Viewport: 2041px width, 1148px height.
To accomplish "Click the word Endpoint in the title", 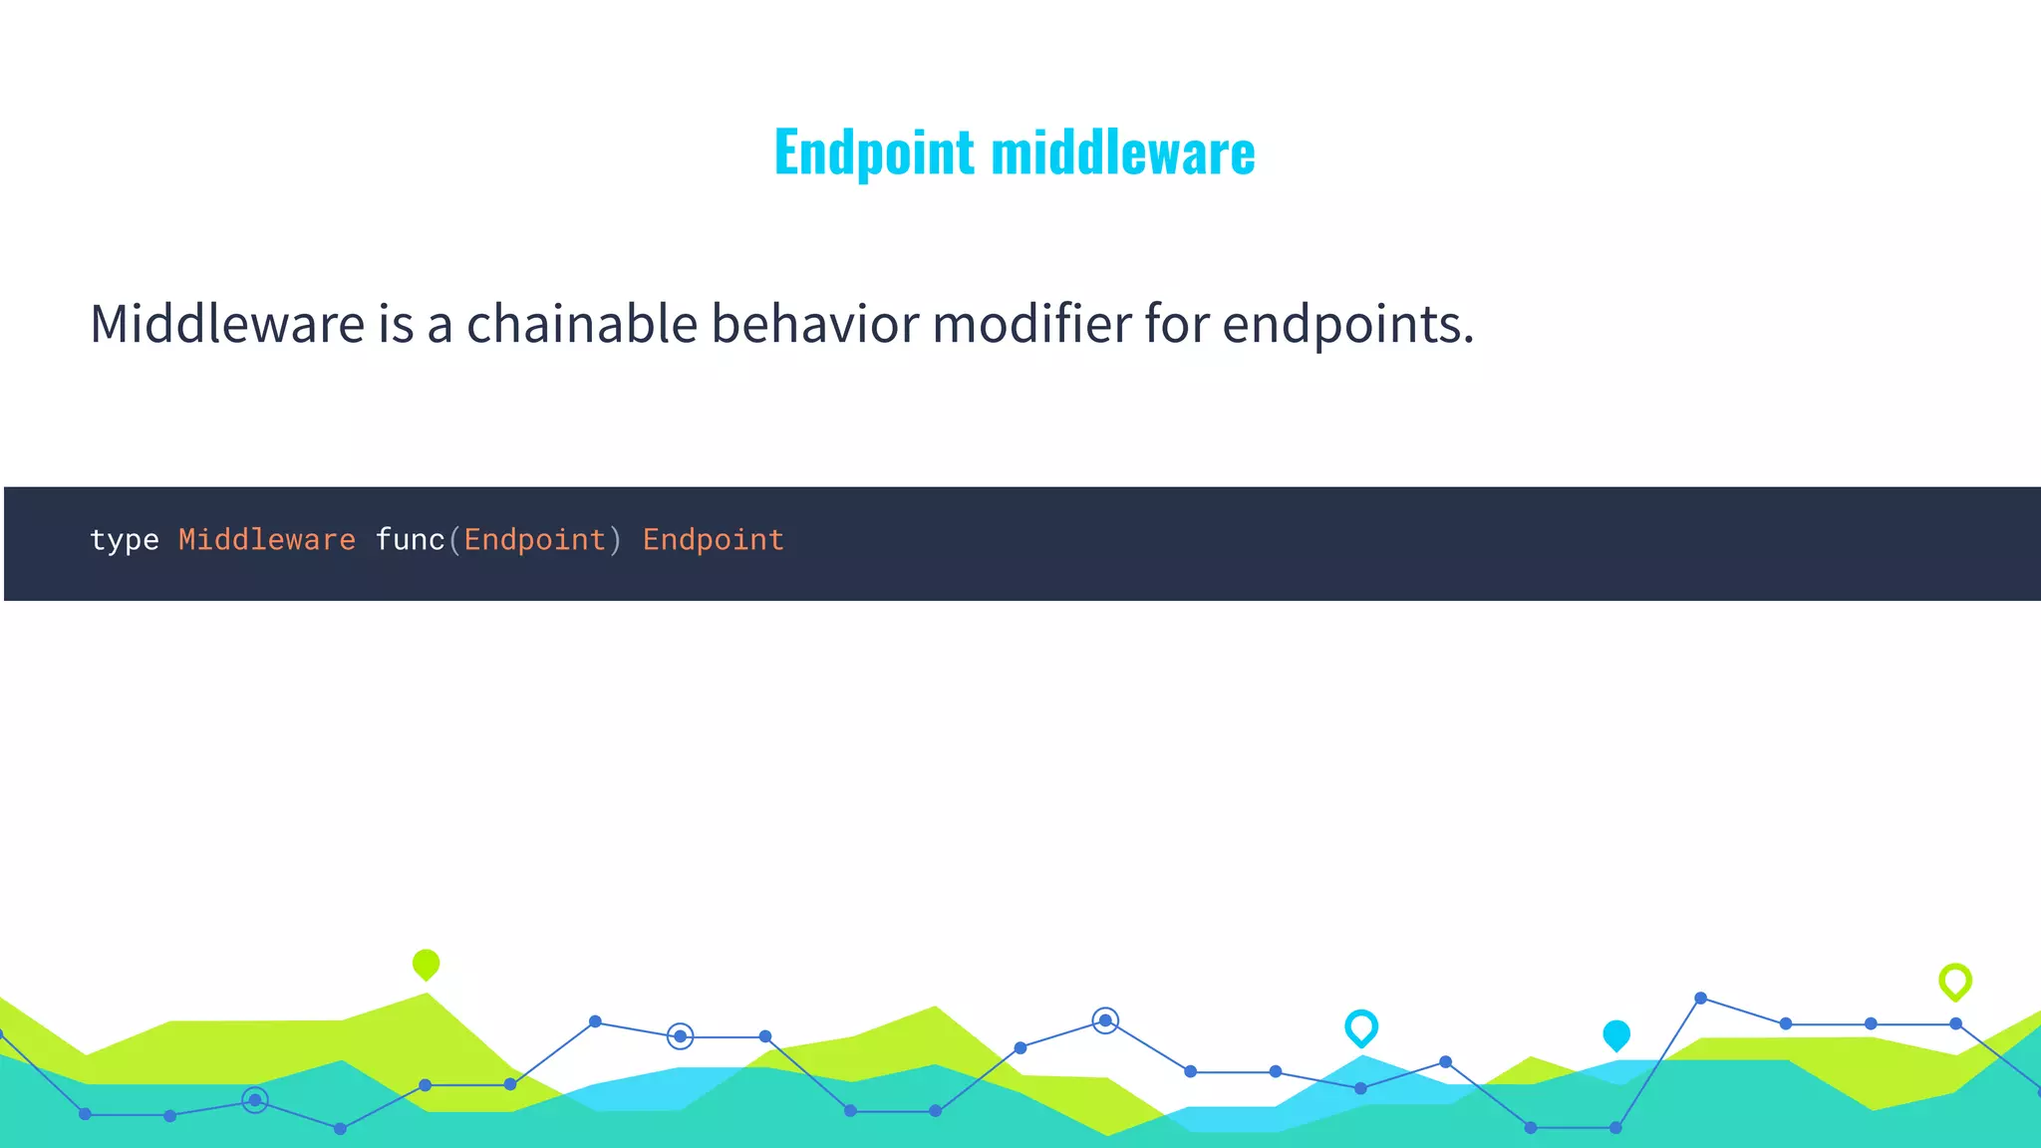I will click(874, 152).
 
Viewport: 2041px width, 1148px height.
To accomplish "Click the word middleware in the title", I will click(1123, 152).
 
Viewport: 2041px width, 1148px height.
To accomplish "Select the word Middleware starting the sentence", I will click(227, 324).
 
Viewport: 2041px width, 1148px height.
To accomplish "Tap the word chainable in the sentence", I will click(581, 324).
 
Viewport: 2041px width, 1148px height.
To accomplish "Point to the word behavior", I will click(814, 324).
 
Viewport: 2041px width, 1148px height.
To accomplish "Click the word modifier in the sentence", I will click(1030, 324).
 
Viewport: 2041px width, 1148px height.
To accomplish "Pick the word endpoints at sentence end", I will click(1346, 326).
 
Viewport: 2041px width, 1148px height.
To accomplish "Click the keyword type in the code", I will click(125, 540).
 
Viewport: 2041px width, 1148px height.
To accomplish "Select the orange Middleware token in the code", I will click(266, 539).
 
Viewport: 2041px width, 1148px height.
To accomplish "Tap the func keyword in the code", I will click(410, 539).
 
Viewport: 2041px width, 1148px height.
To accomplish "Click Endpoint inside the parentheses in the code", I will click(535, 539).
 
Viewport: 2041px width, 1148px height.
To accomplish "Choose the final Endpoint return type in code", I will click(713, 539).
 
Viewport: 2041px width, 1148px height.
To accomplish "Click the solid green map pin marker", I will click(426, 964).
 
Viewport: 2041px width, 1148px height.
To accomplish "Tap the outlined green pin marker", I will click(1955, 981).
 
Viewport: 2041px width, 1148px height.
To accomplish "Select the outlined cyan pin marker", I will click(1361, 1027).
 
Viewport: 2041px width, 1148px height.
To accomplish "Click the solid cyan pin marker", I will click(1616, 1034).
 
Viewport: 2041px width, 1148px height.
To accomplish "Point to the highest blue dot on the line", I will click(1700, 998).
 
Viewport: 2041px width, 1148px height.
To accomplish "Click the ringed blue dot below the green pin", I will click(255, 1100).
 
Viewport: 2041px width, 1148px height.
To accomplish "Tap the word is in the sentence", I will click(395, 324).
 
